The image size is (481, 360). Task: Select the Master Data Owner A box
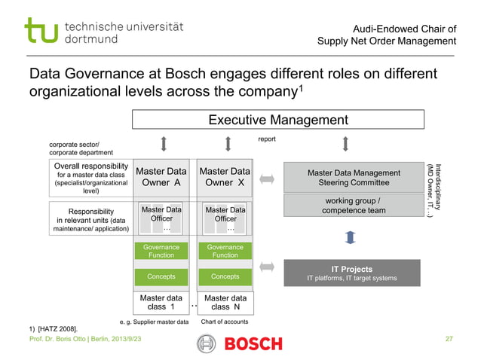161,177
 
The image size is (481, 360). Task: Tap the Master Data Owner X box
225,177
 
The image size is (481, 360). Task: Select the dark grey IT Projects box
351,273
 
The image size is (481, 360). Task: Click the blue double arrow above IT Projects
348,238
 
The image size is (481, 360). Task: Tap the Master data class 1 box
161,302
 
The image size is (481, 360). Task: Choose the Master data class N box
225,302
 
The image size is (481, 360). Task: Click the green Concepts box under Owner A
161,276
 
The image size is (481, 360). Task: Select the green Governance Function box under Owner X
225,251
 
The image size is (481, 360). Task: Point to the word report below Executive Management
267,139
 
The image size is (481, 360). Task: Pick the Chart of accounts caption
224,322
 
